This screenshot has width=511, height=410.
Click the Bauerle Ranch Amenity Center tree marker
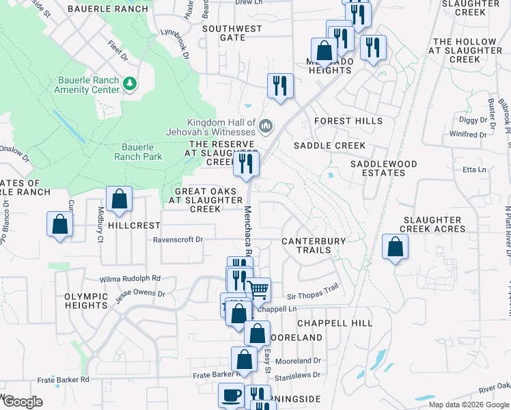click(x=130, y=84)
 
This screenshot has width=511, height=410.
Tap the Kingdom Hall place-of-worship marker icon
click(x=266, y=126)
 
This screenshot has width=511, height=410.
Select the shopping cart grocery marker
click(x=258, y=290)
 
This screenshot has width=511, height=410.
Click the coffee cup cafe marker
click(x=231, y=395)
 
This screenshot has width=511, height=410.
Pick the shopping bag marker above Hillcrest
click(x=119, y=200)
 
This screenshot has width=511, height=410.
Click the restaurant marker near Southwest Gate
click(x=280, y=86)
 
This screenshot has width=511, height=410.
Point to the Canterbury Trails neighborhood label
click(x=314, y=245)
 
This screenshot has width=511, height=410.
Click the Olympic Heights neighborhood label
click(x=86, y=301)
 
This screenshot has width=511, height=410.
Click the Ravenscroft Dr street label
click(x=178, y=240)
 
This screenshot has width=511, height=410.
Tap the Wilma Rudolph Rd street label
click(x=130, y=278)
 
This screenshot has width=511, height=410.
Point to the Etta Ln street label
click(x=474, y=169)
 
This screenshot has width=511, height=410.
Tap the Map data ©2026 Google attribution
click(x=469, y=405)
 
